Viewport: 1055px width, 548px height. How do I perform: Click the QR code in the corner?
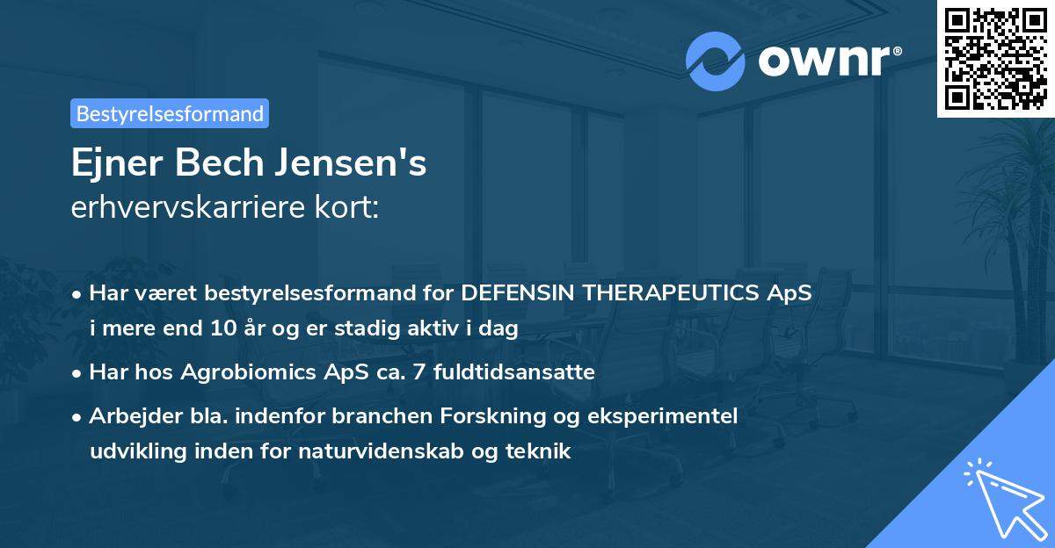click(996, 58)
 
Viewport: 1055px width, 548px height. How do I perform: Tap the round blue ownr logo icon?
click(716, 61)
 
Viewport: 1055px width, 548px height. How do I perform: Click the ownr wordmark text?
click(828, 61)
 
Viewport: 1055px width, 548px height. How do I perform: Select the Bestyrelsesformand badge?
click(170, 113)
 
